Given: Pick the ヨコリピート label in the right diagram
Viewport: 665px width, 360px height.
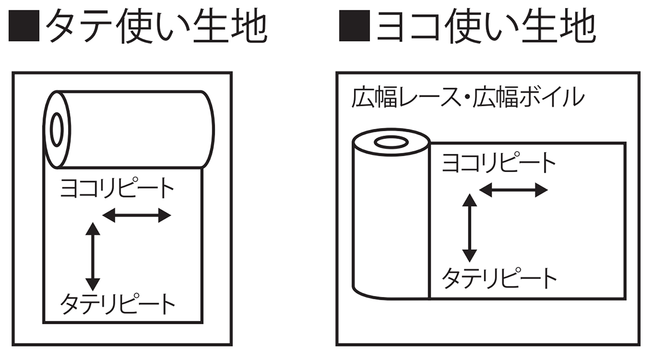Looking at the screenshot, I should [499, 164].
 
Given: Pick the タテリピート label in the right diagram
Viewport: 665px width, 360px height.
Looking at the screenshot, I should [499, 279].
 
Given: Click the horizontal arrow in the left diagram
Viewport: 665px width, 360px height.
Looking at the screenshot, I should [137, 215].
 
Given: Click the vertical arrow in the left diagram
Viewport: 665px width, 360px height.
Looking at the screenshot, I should [92, 256].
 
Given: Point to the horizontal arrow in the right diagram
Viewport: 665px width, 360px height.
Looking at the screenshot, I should [514, 190].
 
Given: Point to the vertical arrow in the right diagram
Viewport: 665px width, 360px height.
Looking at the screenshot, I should [469, 227].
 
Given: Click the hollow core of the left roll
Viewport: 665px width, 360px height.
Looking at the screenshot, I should [57, 129].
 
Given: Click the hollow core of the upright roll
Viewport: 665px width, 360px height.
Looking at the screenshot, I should [390, 141].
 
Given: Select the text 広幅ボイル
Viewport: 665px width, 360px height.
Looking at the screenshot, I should [528, 98].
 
